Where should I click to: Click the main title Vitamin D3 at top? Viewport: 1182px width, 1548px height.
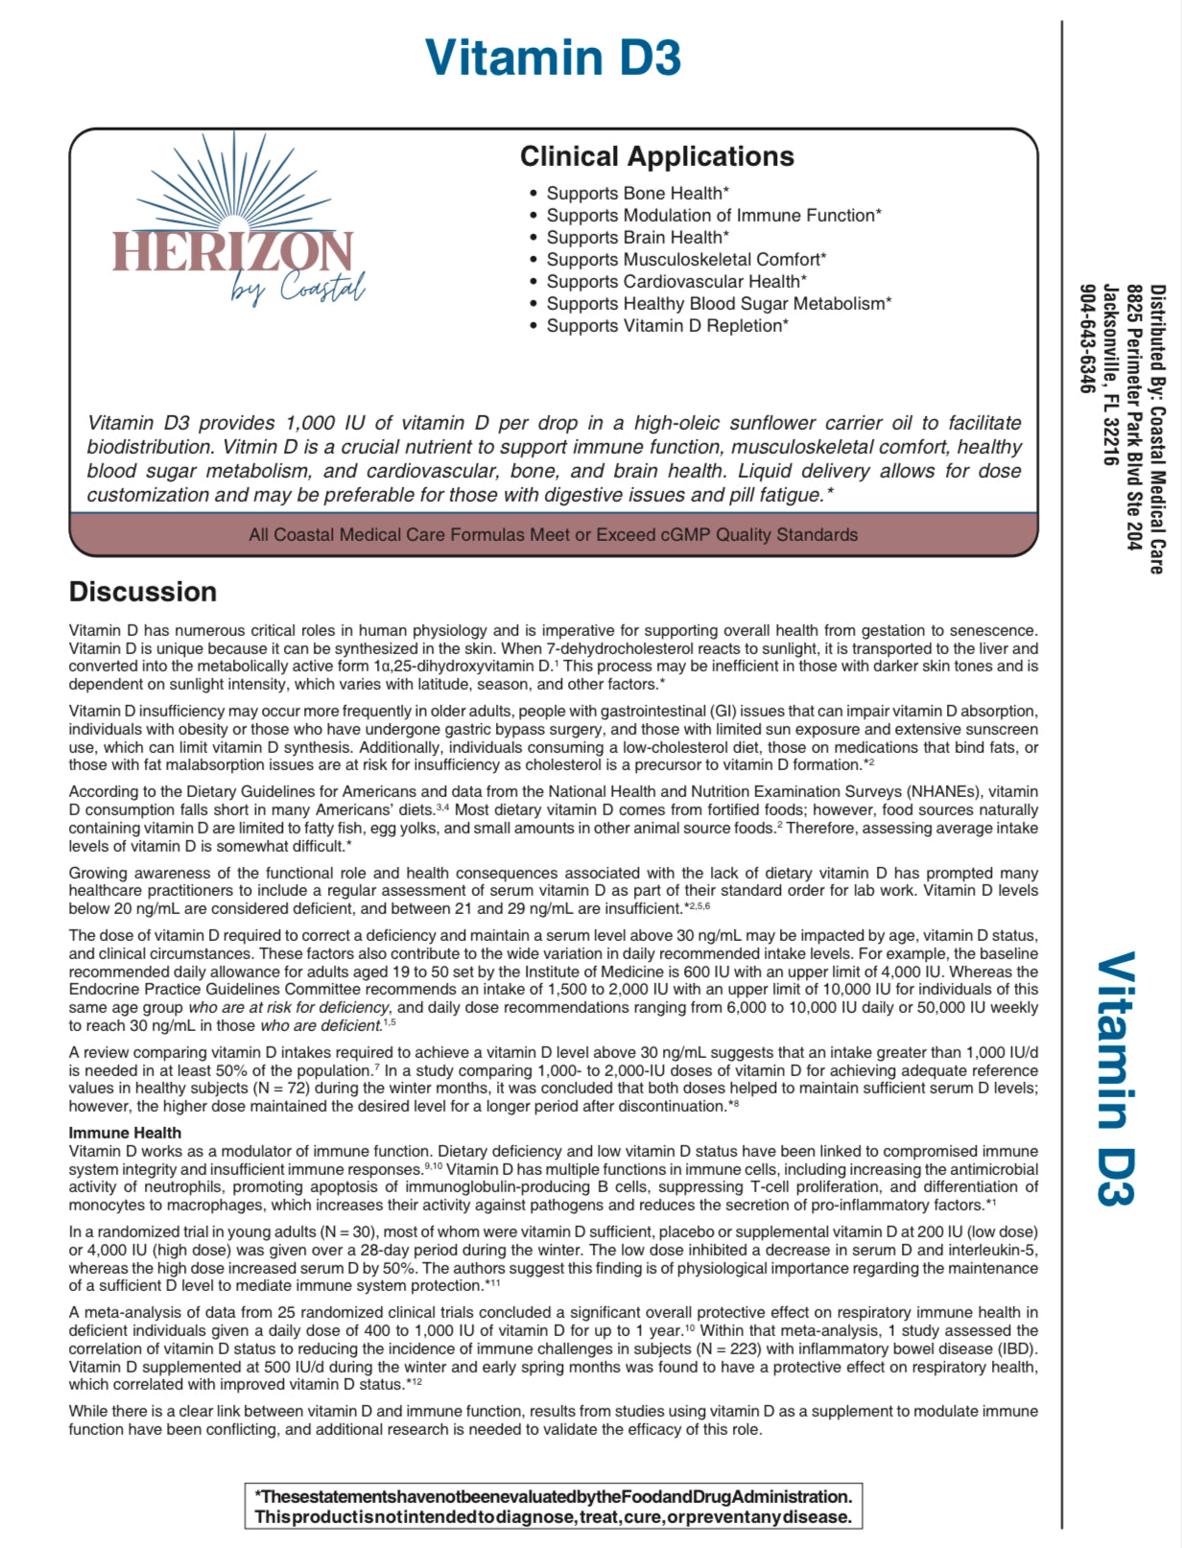click(553, 58)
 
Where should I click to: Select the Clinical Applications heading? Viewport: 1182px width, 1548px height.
click(656, 156)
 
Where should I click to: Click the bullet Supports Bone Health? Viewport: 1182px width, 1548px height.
click(637, 194)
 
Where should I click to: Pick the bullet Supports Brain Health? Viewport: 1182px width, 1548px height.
click(637, 238)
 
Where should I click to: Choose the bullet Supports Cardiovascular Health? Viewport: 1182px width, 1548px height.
click(675, 282)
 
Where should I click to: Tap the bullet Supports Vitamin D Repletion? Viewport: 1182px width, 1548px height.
click(667, 326)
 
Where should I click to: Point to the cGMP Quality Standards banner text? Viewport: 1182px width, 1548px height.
click(553, 535)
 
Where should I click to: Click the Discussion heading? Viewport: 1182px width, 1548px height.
click(143, 592)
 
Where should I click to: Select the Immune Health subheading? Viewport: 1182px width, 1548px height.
click(125, 1133)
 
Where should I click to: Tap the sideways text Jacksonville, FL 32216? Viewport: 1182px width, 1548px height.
click(1110, 375)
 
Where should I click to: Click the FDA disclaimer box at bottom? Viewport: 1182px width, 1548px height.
click(553, 1507)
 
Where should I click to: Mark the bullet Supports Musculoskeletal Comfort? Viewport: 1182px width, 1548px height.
click(685, 260)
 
